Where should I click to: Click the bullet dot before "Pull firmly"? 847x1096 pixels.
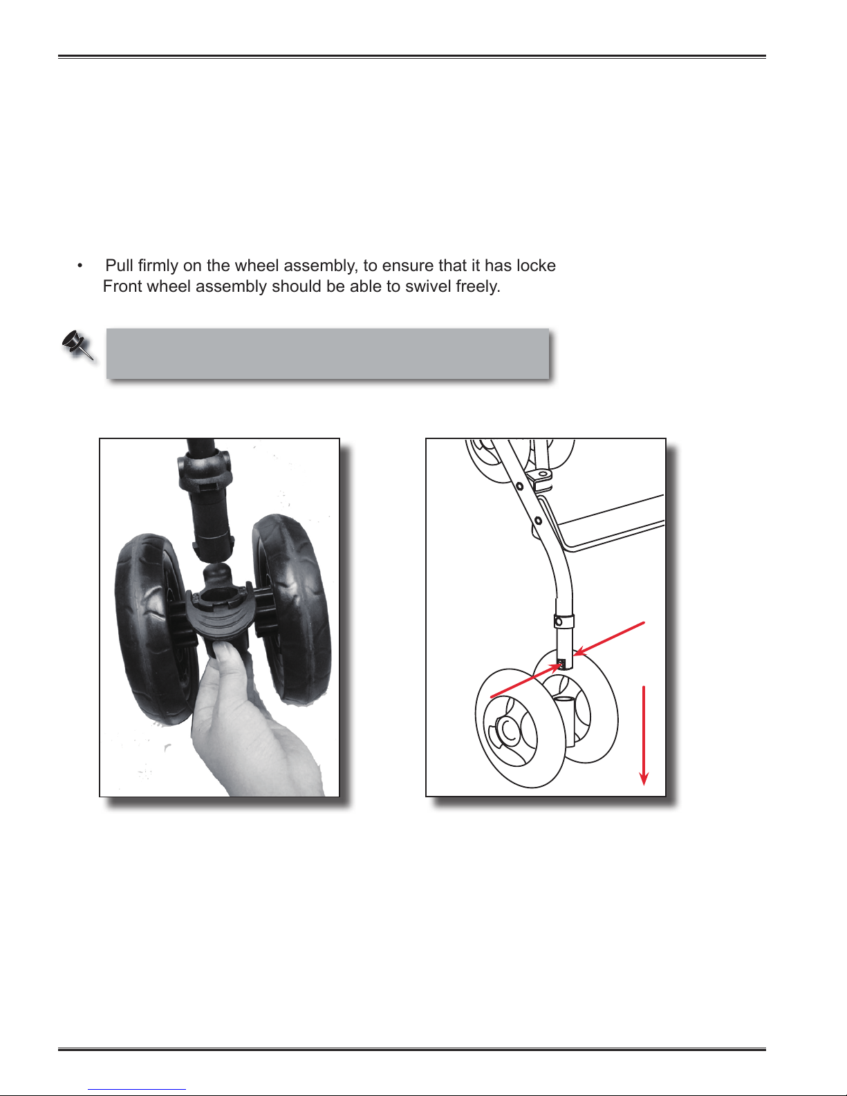click(x=80, y=266)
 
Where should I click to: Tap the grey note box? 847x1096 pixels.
click(x=328, y=353)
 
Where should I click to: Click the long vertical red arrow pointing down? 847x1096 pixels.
click(x=644, y=735)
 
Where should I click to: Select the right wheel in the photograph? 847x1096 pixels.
click(x=291, y=609)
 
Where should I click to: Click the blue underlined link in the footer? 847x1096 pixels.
click(x=137, y=1090)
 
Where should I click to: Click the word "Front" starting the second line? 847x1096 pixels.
click(x=121, y=286)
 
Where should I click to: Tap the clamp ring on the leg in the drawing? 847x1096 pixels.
click(x=565, y=620)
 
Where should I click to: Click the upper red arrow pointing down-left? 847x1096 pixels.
click(x=610, y=639)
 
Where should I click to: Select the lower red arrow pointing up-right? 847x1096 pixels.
click(x=527, y=680)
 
